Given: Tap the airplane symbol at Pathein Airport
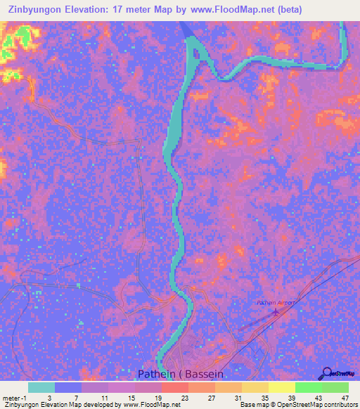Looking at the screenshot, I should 276,312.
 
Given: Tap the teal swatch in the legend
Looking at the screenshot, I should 41,387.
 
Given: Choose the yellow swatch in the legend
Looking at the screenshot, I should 281,387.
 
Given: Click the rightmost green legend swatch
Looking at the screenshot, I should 335,387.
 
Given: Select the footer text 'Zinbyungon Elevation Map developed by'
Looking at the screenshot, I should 60,405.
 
